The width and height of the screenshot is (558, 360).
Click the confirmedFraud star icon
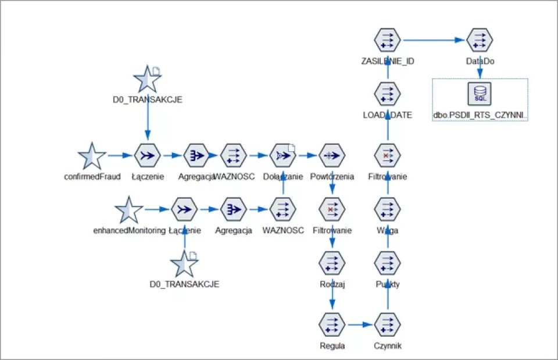point(92,156)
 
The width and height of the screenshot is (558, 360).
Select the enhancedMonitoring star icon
point(128,210)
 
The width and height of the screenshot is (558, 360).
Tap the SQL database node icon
point(480,94)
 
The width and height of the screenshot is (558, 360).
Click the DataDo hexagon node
point(480,40)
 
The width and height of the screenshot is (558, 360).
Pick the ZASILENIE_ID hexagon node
point(388,40)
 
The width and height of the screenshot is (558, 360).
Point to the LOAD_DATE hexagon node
point(388,94)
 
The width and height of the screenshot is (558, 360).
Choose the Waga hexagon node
point(388,210)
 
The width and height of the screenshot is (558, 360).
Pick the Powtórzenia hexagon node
point(332,156)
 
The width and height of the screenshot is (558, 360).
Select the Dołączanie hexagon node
point(282,156)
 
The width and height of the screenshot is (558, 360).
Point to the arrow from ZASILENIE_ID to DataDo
point(434,40)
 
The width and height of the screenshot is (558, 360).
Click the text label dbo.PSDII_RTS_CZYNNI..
point(480,115)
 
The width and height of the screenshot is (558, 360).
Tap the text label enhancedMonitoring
point(129,230)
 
